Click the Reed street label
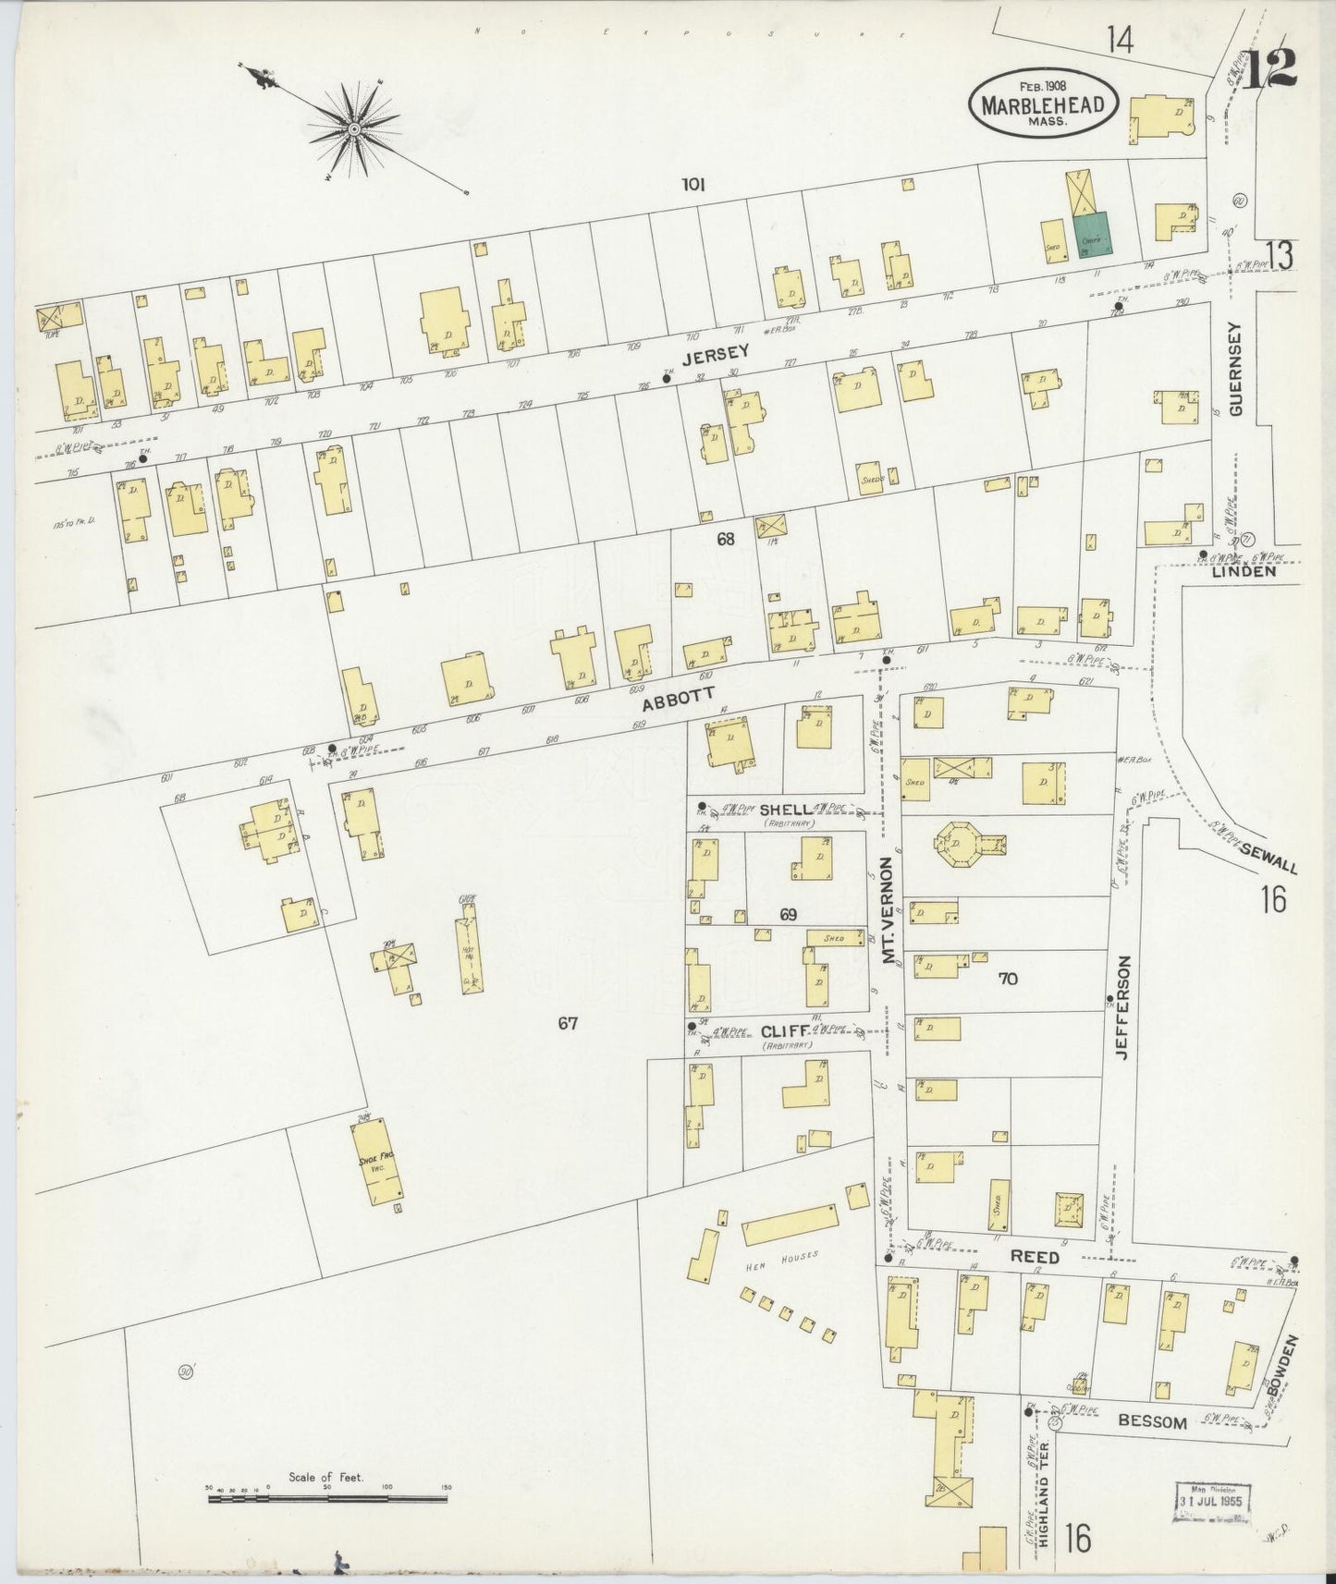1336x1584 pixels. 1034,1258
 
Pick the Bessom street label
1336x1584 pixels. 1152,1422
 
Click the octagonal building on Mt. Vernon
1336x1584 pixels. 955,842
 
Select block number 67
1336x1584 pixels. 568,1023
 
